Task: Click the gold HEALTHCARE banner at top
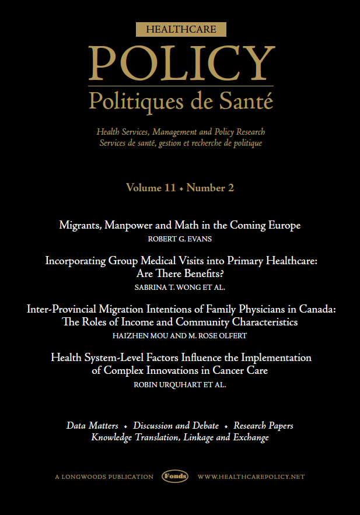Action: click(x=180, y=29)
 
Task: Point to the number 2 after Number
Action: click(x=231, y=188)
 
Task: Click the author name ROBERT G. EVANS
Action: click(x=180, y=239)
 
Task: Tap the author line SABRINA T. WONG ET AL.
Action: click(x=180, y=288)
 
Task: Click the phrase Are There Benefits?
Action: click(x=180, y=274)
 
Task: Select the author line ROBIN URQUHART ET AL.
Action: click(x=180, y=386)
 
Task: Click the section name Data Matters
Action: click(x=92, y=426)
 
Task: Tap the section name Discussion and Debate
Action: click(x=176, y=426)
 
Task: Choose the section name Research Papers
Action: click(x=263, y=426)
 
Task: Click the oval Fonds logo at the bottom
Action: click(x=175, y=477)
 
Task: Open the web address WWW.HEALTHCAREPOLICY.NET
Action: click(x=251, y=477)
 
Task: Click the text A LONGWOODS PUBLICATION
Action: click(x=104, y=477)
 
